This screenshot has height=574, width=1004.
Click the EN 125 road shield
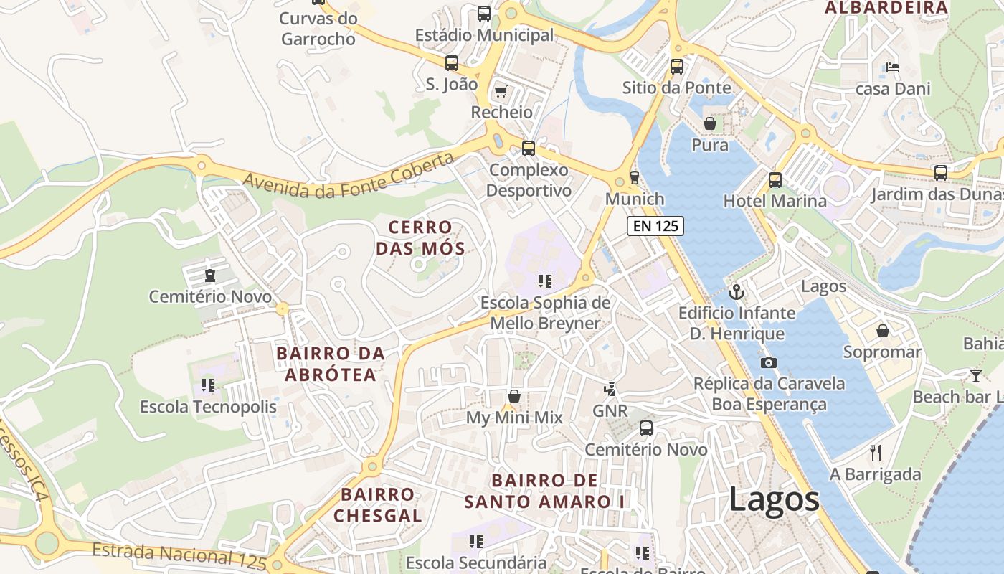click(655, 226)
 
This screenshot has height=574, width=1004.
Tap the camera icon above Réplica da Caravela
click(769, 362)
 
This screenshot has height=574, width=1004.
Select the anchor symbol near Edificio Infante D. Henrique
click(736, 292)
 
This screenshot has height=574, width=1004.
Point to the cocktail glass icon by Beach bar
click(975, 375)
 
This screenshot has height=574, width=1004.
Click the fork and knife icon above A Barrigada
click(875, 452)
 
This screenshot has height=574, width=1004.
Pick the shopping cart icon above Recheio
click(501, 91)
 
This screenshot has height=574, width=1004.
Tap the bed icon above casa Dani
click(893, 67)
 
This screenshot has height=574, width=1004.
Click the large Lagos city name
click(774, 499)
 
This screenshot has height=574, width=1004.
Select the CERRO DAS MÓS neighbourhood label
click(421, 238)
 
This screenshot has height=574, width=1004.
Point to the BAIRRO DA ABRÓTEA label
click(331, 364)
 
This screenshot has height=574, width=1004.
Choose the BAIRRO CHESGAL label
click(378, 504)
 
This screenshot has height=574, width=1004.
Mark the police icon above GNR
click(610, 390)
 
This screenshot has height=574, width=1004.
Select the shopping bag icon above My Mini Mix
click(514, 396)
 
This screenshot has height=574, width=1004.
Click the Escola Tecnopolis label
click(208, 407)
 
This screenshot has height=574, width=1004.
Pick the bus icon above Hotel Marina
click(775, 179)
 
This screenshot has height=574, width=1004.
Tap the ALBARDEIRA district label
click(886, 8)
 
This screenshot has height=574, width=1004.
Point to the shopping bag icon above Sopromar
click(882, 331)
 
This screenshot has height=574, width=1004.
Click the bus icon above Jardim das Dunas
click(940, 173)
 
